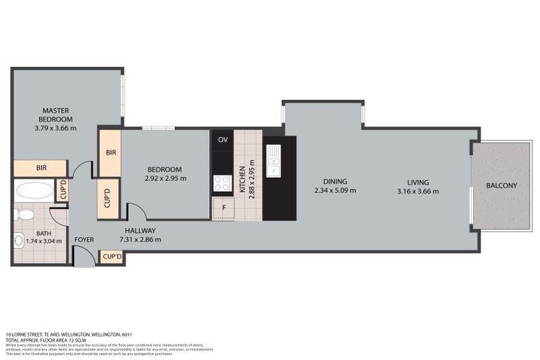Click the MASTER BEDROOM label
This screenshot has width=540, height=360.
[x=55, y=115]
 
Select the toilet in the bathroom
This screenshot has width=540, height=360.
[x=25, y=213]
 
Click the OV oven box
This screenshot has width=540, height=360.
[x=223, y=139]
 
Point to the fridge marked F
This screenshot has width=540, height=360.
[x=223, y=208]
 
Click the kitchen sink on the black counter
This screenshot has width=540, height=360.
[x=273, y=162]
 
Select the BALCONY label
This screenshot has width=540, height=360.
[x=501, y=186]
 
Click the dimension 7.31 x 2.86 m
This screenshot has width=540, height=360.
[x=140, y=239]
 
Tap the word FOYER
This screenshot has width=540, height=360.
[x=84, y=239]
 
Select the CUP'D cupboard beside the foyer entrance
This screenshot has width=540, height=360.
[x=112, y=257]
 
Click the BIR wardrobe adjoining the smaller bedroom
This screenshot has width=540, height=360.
[x=110, y=152]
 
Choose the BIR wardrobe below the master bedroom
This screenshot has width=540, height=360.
[x=40, y=169]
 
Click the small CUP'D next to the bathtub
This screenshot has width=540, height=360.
[x=62, y=191]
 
